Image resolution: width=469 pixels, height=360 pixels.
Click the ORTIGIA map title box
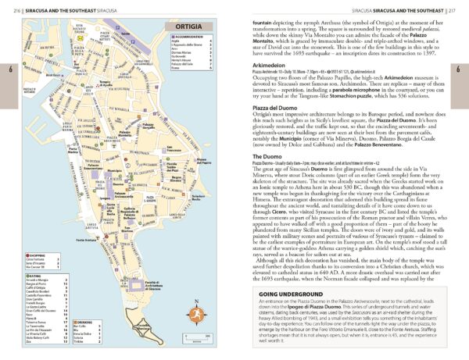[188, 28]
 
